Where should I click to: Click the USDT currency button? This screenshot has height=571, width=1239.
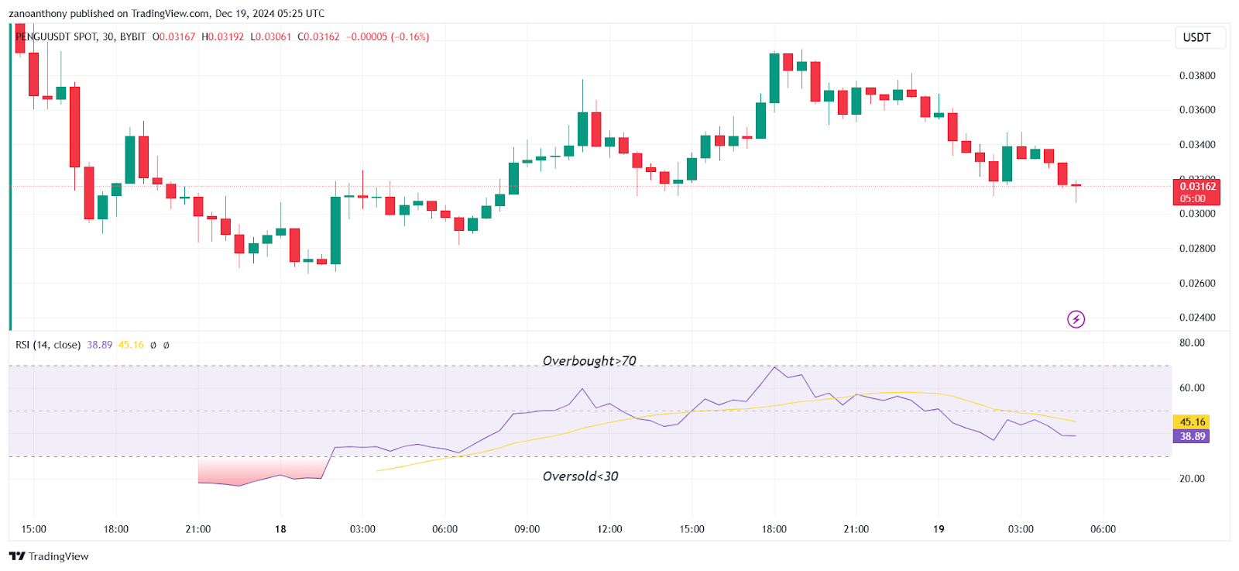pyautogui.click(x=1196, y=37)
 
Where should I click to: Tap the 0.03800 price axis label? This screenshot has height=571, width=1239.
pyautogui.click(x=1197, y=76)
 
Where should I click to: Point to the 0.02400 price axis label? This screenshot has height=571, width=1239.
pyautogui.click(x=1197, y=318)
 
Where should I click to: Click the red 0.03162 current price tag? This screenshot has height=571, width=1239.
pyautogui.click(x=1197, y=187)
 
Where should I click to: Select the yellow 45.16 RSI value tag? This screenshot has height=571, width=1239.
pyautogui.click(x=1192, y=422)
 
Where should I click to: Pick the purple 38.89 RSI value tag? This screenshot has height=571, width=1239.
pyautogui.click(x=1192, y=437)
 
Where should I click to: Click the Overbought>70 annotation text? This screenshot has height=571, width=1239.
pyautogui.click(x=589, y=361)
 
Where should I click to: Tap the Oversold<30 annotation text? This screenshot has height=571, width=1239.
pyautogui.click(x=580, y=476)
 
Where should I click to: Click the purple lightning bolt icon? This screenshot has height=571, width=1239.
pyautogui.click(x=1076, y=319)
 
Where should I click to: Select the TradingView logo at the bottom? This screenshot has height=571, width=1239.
pyautogui.click(x=49, y=556)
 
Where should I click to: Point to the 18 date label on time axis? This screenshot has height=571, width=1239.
pyautogui.click(x=280, y=529)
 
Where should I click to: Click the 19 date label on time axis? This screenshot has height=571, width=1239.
pyautogui.click(x=939, y=529)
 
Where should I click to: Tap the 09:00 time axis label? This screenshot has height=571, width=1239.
pyautogui.click(x=527, y=529)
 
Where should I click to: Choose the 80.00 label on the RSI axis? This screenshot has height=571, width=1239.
pyautogui.click(x=1192, y=343)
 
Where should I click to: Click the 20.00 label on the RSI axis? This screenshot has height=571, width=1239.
pyautogui.click(x=1192, y=479)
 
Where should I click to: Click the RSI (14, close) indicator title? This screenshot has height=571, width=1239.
pyautogui.click(x=48, y=345)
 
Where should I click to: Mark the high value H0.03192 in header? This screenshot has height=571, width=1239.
pyautogui.click(x=222, y=37)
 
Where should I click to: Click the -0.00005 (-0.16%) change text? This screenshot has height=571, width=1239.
pyautogui.click(x=387, y=37)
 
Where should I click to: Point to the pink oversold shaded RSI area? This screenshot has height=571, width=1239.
pyautogui.click(x=259, y=470)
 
